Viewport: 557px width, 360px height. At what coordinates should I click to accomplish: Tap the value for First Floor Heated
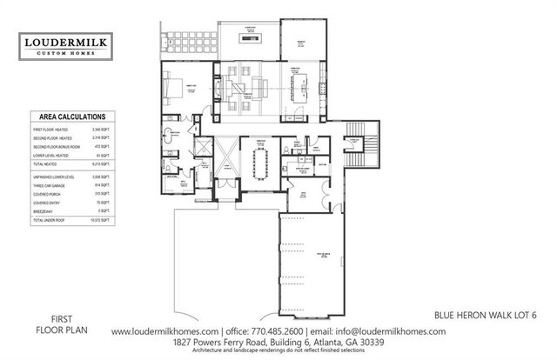101,128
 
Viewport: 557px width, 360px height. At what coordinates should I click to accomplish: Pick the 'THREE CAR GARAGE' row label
45,185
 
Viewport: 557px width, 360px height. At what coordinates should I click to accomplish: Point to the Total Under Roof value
100,221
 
